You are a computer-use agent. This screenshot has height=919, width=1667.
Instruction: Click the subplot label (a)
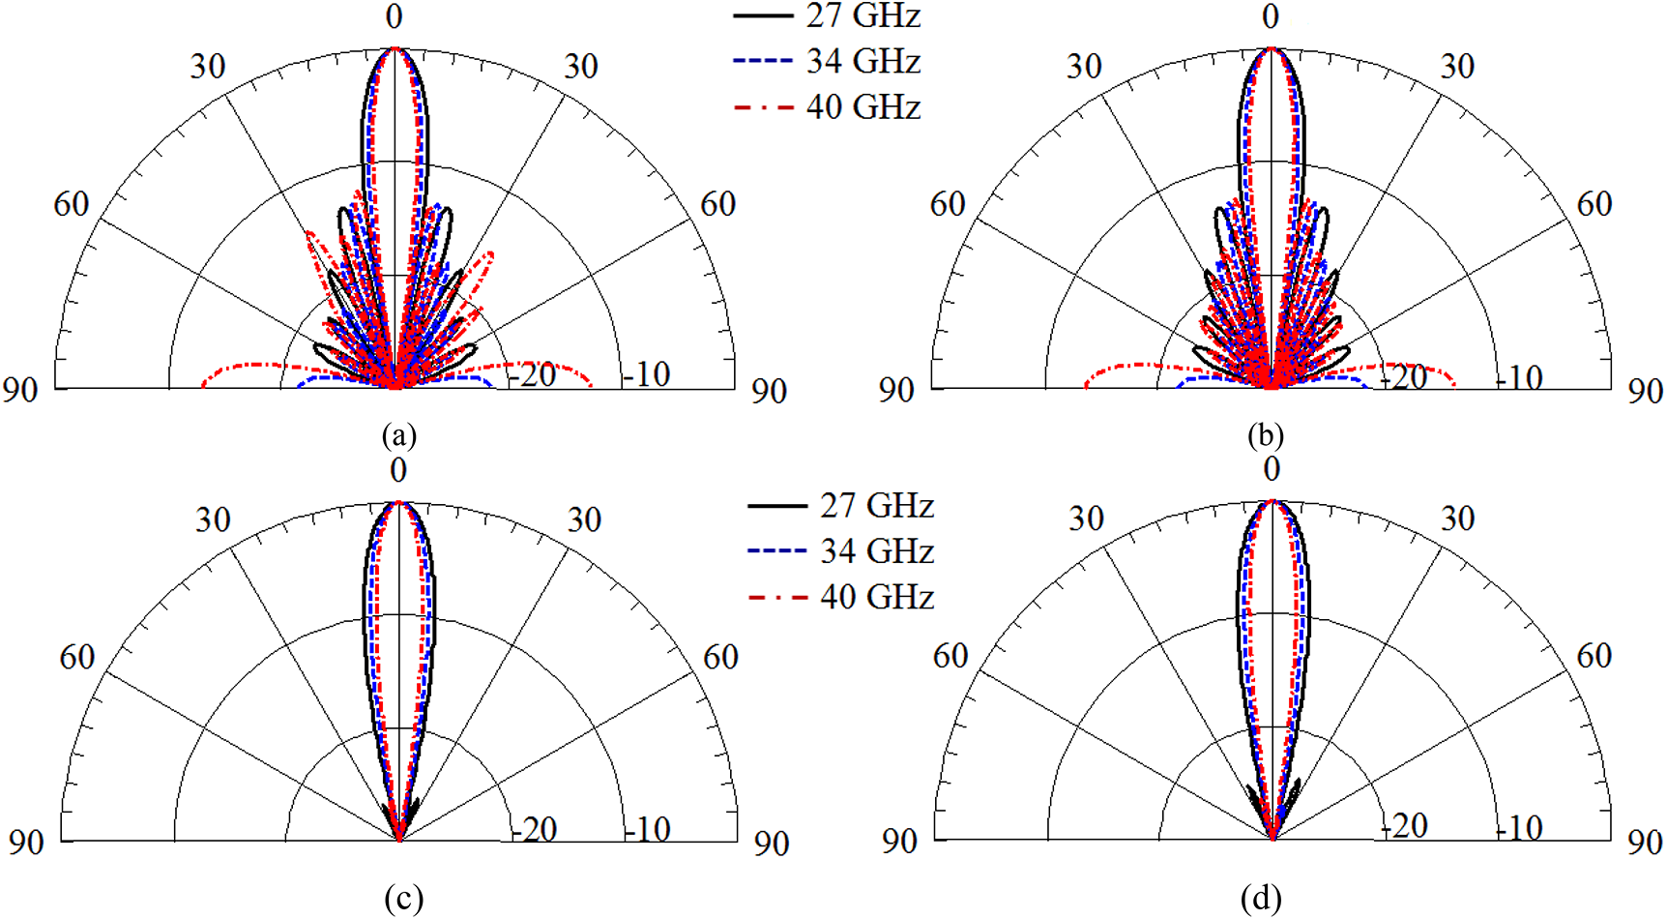[x=399, y=435]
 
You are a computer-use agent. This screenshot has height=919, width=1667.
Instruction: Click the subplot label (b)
[x=1265, y=435]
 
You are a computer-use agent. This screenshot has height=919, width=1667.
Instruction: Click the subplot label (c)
[x=403, y=899]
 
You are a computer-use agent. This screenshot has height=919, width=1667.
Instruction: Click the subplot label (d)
[x=1261, y=899]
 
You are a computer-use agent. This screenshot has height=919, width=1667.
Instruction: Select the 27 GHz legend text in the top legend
[x=863, y=15]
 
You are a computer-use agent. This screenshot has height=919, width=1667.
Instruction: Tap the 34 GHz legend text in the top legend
[x=863, y=61]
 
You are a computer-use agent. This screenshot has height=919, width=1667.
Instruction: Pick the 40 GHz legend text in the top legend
[x=863, y=106]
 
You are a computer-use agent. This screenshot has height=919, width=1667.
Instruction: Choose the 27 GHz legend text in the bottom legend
[x=876, y=505]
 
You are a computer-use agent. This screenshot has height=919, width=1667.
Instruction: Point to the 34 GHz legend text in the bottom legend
[x=876, y=551]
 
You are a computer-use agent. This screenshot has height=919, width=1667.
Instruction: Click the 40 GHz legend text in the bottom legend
[x=876, y=597]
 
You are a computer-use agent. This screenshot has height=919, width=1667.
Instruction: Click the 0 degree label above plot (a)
[x=394, y=16]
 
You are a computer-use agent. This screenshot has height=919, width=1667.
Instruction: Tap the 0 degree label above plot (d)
[x=1272, y=469]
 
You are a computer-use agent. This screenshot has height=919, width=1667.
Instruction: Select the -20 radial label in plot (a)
[x=533, y=374]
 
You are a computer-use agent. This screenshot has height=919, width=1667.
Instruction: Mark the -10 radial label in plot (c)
[x=647, y=829]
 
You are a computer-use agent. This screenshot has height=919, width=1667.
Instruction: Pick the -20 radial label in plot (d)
[x=1404, y=825]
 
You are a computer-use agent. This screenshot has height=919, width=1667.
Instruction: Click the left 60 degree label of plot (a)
[x=72, y=204]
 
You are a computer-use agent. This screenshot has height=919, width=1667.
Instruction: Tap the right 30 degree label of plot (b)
[x=1457, y=66]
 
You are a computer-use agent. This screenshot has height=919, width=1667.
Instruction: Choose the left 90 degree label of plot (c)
[x=26, y=842]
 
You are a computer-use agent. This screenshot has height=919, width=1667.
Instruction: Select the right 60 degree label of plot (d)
[x=1594, y=656]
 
